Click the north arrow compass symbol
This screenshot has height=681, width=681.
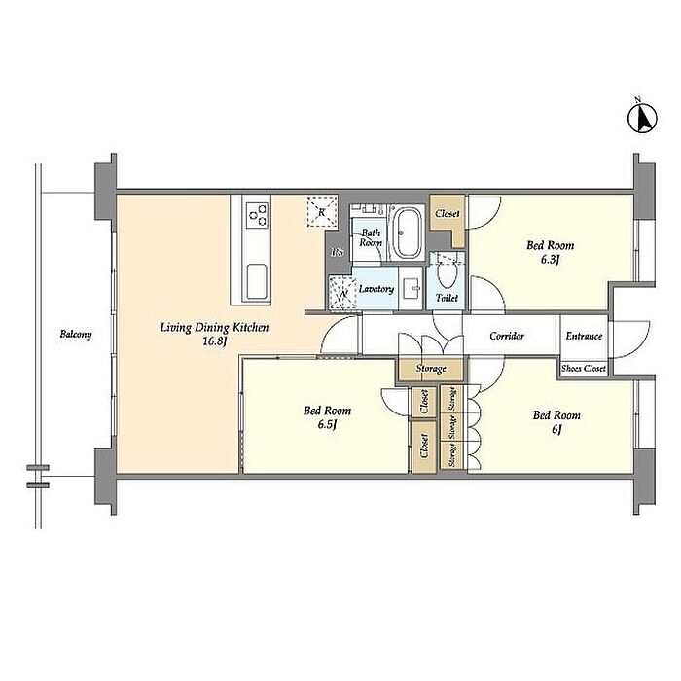pos(642,118)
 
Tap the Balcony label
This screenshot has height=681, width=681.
pos(76,335)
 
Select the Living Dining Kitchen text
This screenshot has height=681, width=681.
pos(215,328)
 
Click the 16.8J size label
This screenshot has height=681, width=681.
pos(215,341)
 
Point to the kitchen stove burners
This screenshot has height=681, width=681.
pos(256,215)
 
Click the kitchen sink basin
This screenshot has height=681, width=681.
pos(256,281)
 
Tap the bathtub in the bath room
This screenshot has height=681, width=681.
pos(407,233)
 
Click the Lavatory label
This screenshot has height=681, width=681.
pos(376,289)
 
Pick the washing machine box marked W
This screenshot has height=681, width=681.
pos(342,294)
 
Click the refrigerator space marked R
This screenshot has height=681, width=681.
pos(322,211)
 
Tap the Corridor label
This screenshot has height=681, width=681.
pos(507,336)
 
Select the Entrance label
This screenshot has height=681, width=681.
pos(584,336)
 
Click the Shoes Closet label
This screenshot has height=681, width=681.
pos(584,369)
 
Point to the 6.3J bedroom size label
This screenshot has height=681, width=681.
pos(550,260)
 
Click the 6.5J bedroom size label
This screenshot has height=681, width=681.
pos(327,425)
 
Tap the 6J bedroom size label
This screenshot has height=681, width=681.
pos(556,430)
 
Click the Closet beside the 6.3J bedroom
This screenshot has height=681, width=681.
pos(448,214)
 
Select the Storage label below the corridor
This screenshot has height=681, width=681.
pos(431,369)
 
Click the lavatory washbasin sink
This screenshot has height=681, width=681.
pos(411,288)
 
